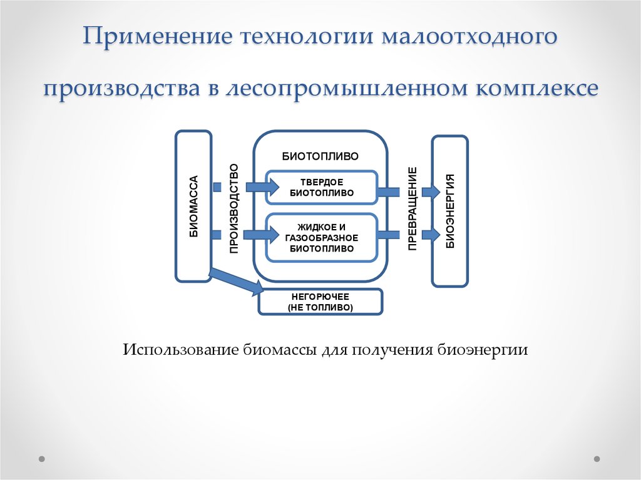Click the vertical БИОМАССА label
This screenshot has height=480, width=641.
[194, 206]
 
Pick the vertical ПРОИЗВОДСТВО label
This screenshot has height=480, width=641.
[233, 208]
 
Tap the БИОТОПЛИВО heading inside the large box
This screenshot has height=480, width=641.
[320, 156]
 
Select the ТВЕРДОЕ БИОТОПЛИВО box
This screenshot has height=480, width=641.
[321, 188]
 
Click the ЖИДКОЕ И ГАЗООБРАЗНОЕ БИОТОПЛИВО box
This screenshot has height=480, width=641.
[321, 238]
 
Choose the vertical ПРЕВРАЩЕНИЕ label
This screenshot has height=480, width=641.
[413, 208]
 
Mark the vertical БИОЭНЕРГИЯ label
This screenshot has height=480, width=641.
[450, 211]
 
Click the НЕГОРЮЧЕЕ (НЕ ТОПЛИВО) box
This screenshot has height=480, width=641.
[320, 302]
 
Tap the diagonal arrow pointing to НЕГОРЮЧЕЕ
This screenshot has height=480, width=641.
[236, 281]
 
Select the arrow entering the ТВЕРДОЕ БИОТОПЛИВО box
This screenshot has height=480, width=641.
[262, 188]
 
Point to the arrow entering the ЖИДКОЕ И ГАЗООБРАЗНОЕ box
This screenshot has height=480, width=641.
[261, 235]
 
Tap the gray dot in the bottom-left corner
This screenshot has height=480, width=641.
[42, 459]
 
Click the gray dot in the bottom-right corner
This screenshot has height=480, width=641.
[597, 459]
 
